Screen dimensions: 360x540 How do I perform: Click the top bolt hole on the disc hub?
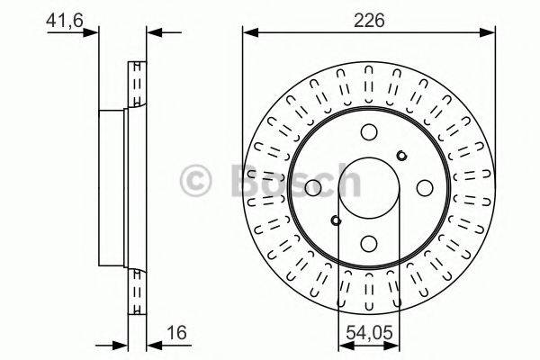[x=369, y=131]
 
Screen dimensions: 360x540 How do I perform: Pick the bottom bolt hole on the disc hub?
[x=369, y=243]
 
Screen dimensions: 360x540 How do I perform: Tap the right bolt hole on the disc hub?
[x=424, y=187]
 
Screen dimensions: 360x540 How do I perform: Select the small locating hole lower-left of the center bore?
[x=335, y=220]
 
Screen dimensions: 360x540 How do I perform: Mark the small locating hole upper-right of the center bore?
[x=402, y=154]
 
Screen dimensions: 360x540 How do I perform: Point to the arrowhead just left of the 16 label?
[x=138, y=343]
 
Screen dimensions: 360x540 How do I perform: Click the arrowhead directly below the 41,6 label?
[x=90, y=34]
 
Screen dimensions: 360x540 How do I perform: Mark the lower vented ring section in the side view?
[x=138, y=288]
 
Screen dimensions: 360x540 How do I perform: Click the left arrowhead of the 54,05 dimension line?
[x=343, y=343]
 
